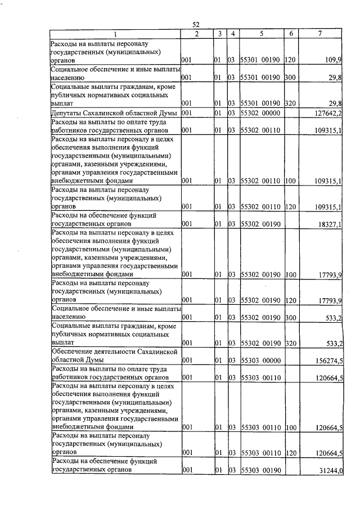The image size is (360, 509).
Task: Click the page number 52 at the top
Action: click(196, 25)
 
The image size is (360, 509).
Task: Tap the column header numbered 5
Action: click(261, 34)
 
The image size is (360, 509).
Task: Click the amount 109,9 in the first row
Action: click(334, 59)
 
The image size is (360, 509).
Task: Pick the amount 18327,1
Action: click(331, 223)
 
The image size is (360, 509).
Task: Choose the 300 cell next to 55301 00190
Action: click(290, 77)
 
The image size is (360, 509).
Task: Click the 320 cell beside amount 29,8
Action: click(290, 103)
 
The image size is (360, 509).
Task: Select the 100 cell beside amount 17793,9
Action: click(290, 274)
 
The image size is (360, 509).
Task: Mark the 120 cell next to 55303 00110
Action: click(290, 452)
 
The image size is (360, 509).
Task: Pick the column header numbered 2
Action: click(196, 34)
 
